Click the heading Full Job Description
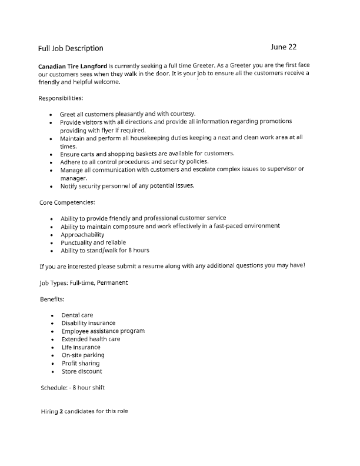click(x=71, y=48)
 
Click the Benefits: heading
click(x=52, y=299)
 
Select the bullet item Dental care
click(x=77, y=315)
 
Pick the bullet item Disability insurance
click(x=88, y=323)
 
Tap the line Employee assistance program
click(x=103, y=331)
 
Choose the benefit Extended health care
click(x=91, y=339)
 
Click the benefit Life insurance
click(x=81, y=347)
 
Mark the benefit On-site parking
click(x=83, y=355)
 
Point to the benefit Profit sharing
click(x=81, y=363)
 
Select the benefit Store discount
click(x=82, y=371)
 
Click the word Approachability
click(x=82, y=234)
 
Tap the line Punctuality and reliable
click(x=93, y=242)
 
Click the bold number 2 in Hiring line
click(x=61, y=411)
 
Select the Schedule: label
click(x=54, y=388)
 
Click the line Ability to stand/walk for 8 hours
click(x=105, y=250)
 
